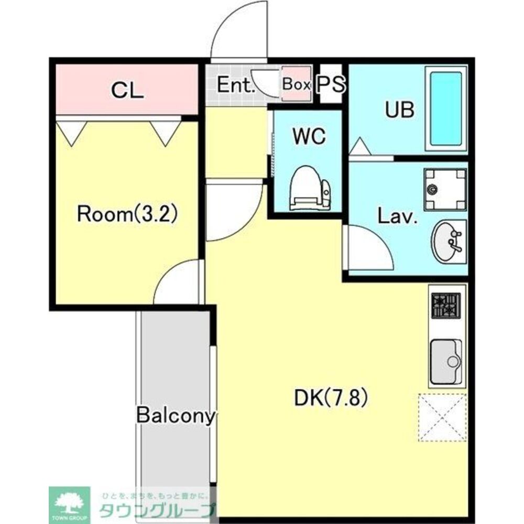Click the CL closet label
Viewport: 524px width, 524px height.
127,90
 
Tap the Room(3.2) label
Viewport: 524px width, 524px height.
127,214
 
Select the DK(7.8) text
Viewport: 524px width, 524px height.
331,398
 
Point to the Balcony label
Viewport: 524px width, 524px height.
175,416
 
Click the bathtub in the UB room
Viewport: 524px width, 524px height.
446,108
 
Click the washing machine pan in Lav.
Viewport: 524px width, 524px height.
445,190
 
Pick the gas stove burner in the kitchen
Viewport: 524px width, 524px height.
446,305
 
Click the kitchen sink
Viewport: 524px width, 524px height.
446,362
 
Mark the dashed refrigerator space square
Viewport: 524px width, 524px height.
442,418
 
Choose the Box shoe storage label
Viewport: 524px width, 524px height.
297,84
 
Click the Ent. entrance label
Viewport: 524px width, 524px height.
236,85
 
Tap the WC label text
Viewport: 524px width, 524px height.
309,136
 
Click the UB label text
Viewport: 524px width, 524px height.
400,110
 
